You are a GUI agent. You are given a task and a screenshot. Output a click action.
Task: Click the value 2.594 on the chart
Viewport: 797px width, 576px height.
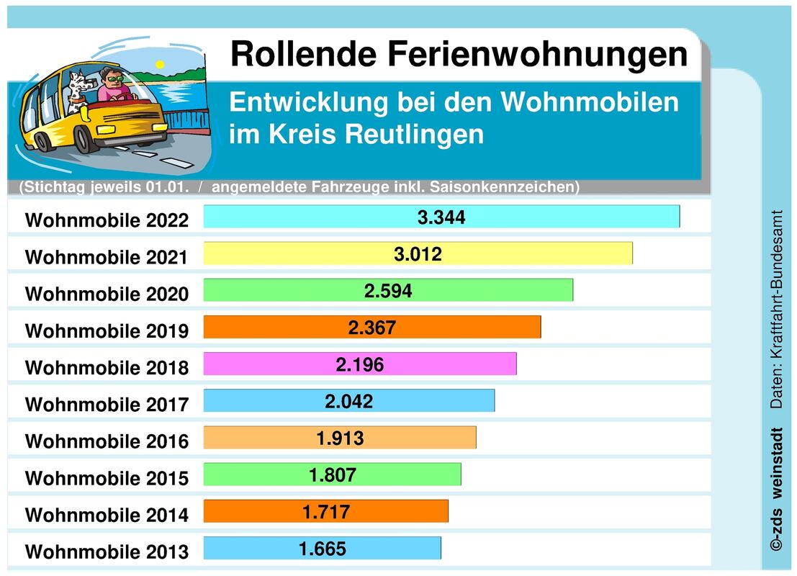[x=388, y=290]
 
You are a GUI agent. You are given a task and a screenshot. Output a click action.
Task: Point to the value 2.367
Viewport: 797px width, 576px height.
[x=372, y=328]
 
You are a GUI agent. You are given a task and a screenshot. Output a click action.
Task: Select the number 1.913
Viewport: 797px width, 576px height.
[x=341, y=438]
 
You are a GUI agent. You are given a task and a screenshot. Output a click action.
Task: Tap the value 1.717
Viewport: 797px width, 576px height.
[x=326, y=512]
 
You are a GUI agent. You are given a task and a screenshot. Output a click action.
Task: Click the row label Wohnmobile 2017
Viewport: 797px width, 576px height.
[x=107, y=405]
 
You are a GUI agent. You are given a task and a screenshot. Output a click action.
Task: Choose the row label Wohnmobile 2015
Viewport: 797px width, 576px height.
[x=107, y=478]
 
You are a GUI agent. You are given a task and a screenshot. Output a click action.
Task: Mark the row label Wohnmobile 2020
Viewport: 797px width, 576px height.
[x=107, y=294]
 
